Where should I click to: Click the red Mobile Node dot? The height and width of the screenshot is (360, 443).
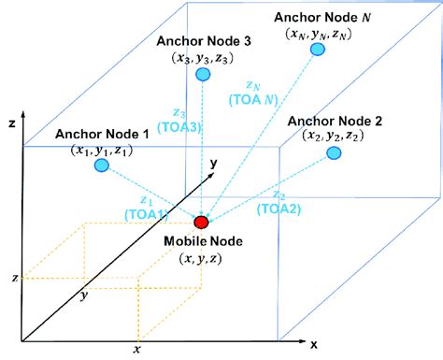[x=201, y=222]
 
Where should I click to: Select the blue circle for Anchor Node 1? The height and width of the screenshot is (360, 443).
[x=102, y=166]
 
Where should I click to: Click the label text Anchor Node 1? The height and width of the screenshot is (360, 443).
[x=102, y=134]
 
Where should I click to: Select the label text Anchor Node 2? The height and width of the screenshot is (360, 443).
[x=335, y=121]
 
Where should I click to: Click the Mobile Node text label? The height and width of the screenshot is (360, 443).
[x=205, y=240]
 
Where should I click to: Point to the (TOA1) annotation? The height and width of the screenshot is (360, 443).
[x=144, y=214]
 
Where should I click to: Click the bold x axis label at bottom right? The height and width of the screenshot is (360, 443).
[x=313, y=345]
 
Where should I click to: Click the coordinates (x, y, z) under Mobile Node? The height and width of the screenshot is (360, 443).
[x=204, y=258]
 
